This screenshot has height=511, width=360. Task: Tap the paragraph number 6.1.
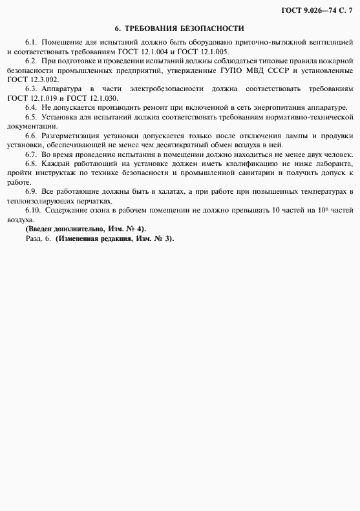click(33, 42)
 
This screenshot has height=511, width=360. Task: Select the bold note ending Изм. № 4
click(86, 229)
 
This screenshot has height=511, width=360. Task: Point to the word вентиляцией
click(329, 42)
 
